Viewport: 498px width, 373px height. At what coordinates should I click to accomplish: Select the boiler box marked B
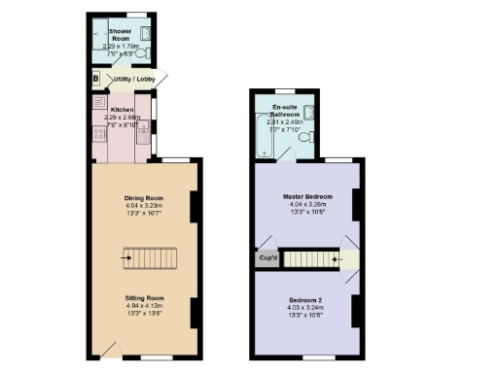coord(96,79)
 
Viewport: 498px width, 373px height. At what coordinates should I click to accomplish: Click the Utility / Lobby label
coord(133,79)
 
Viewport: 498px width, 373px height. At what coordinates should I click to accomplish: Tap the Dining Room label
coord(143,198)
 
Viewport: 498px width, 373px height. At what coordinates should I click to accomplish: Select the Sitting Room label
coord(143,297)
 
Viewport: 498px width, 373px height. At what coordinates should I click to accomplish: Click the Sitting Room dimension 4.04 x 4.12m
coord(143,306)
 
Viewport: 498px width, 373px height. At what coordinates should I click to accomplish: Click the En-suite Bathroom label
coord(284,109)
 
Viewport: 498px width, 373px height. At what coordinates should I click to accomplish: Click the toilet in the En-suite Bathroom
coord(304,138)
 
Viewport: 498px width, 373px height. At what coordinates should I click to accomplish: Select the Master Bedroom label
coord(305,198)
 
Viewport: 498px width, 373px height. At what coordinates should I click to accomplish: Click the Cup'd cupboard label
coord(267,259)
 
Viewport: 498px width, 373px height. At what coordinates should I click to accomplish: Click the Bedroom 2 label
coord(305,299)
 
